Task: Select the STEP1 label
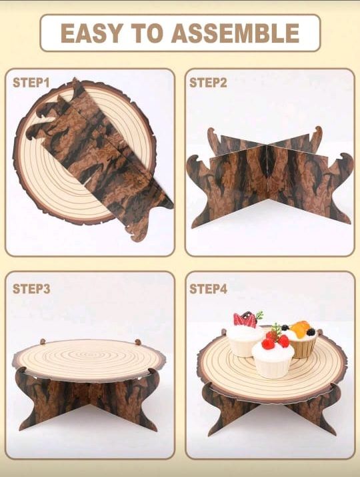tap(31, 83)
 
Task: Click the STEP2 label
tap(208, 83)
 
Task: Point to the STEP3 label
tap(31, 289)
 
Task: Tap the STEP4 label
tap(208, 289)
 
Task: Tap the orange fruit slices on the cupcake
tap(301, 329)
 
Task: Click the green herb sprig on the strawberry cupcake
tap(259, 315)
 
